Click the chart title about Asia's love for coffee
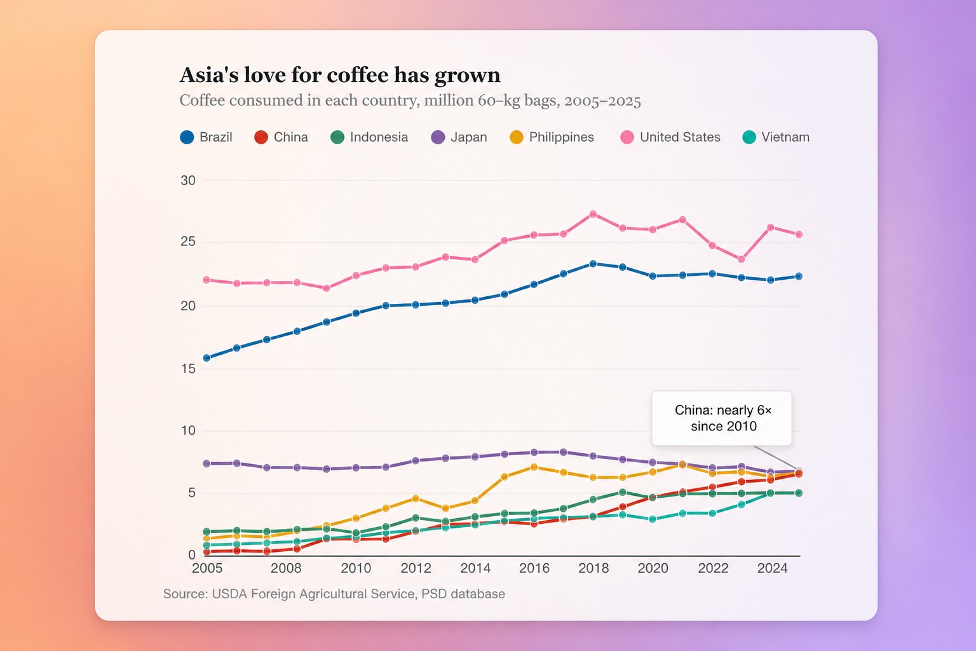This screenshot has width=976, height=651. pyautogui.click(x=340, y=74)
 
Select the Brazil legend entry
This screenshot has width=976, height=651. pyautogui.click(x=206, y=137)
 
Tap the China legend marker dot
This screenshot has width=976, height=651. pyautogui.click(x=261, y=137)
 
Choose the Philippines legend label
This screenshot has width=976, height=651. pyautogui.click(x=561, y=137)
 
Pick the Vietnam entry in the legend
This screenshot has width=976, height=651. pyautogui.click(x=776, y=137)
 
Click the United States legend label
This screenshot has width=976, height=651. pyautogui.click(x=680, y=137)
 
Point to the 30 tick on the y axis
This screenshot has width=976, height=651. pyautogui.click(x=188, y=180)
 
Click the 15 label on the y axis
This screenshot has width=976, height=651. pyautogui.click(x=188, y=369)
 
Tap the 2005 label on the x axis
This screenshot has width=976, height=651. pyautogui.click(x=207, y=568)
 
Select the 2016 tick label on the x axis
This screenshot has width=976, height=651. pyautogui.click(x=534, y=568)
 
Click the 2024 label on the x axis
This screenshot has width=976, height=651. pyautogui.click(x=772, y=568)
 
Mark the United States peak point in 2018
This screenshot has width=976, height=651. pyautogui.click(x=593, y=214)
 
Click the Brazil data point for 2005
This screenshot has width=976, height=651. pyautogui.click(x=207, y=358)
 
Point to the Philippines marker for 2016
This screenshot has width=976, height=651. pyautogui.click(x=534, y=467)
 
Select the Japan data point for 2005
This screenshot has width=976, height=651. pyautogui.click(x=207, y=463)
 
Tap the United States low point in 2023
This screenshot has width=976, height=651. pyautogui.click(x=741, y=259)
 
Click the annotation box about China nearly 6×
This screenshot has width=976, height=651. pyautogui.click(x=722, y=418)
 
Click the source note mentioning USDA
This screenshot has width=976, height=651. pyautogui.click(x=334, y=594)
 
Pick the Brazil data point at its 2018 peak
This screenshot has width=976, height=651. pyautogui.click(x=593, y=264)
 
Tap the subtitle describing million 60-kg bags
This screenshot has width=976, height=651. pyautogui.click(x=410, y=100)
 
